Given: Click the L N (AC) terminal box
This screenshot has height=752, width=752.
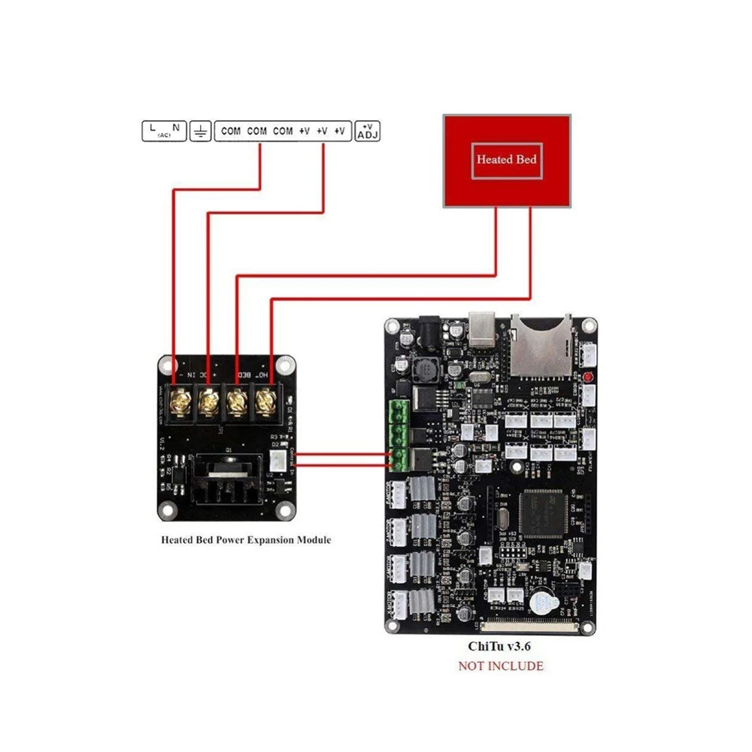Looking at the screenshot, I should click(x=164, y=131).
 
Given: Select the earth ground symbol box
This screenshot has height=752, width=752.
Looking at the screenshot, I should click(x=200, y=132).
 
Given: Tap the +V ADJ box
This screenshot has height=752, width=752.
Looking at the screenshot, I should click(x=368, y=131).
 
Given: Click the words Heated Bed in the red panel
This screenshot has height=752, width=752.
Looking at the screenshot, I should click(x=506, y=159).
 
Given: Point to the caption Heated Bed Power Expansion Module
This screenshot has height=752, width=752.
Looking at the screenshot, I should click(x=246, y=540).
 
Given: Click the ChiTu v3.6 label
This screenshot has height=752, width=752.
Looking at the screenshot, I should click(x=499, y=645).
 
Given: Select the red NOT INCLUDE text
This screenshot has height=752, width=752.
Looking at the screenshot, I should click(x=500, y=666).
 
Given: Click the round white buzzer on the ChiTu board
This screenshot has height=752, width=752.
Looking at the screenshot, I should click(x=540, y=602).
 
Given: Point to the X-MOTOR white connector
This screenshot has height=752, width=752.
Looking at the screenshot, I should click(x=398, y=602).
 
